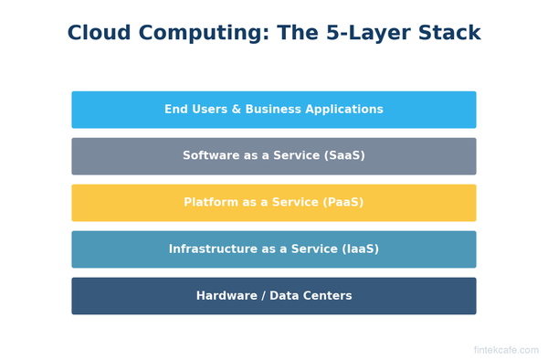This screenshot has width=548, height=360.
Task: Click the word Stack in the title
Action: tap(448, 34)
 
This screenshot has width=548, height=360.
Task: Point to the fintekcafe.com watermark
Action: tap(506, 350)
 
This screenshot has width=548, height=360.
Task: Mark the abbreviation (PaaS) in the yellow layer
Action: tap(341, 203)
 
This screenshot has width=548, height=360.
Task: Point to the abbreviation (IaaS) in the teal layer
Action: tap(357, 249)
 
